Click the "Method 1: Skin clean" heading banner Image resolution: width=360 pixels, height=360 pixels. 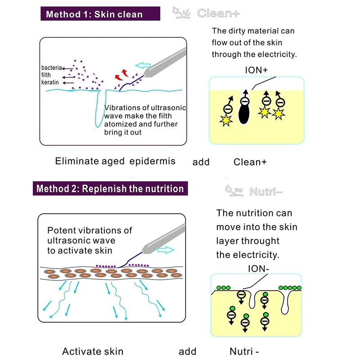(100, 13)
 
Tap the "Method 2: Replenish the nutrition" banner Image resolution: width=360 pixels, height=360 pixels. (110, 189)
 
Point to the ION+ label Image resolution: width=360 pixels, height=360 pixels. (256, 70)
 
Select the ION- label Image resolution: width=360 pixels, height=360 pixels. (258, 268)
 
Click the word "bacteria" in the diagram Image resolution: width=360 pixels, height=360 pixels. (51, 68)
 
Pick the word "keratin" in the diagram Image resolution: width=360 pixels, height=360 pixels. (50, 82)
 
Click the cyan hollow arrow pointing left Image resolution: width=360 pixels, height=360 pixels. (143, 65)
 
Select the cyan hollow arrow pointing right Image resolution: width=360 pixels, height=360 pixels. (166, 250)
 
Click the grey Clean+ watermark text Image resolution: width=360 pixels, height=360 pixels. (218, 13)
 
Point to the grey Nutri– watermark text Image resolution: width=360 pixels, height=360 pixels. (266, 192)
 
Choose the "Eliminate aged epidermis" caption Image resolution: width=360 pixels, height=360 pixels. (115, 161)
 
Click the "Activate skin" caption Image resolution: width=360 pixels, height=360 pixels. (93, 351)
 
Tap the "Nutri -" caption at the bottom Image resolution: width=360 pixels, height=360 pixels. (244, 351)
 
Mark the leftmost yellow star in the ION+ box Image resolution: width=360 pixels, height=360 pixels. (226, 121)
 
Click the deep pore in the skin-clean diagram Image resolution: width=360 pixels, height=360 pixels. (100, 108)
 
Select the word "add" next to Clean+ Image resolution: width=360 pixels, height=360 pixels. (201, 162)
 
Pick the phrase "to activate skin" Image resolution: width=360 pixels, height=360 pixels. (80, 251)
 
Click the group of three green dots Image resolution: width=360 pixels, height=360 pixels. (224, 288)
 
